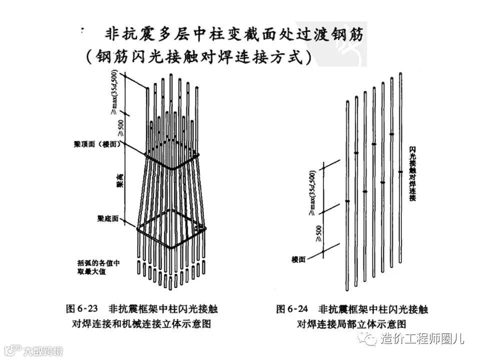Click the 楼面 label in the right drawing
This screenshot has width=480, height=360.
click(x=298, y=259)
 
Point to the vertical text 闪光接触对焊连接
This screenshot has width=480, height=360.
click(x=413, y=173)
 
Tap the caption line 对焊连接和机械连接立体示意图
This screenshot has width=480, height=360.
click(x=141, y=323)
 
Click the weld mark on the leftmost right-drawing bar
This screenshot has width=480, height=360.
click(x=347, y=201)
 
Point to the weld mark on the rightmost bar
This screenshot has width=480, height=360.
click(x=400, y=172)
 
